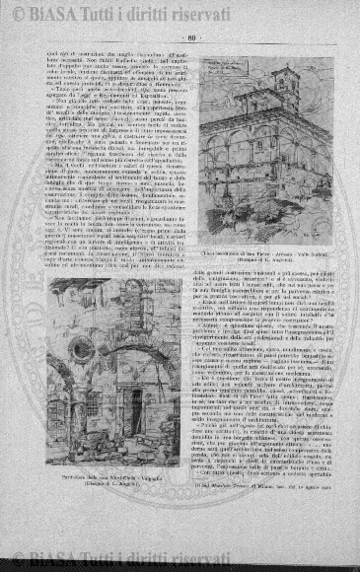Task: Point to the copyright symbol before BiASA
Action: click(x=20, y=15)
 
